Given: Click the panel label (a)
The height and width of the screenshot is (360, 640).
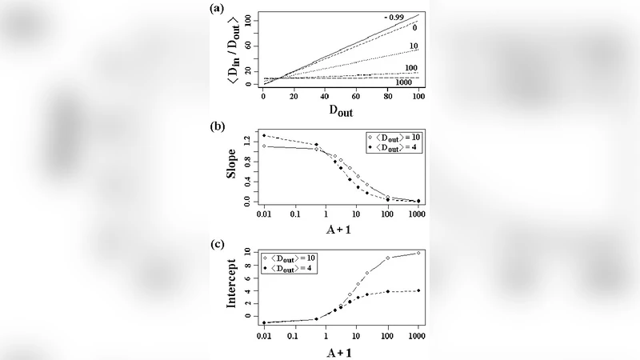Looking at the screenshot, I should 214,9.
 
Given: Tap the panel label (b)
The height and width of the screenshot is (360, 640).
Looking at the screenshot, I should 214,126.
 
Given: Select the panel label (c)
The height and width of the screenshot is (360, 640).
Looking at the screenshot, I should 214,243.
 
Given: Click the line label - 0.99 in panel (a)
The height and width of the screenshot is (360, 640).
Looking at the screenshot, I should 398,17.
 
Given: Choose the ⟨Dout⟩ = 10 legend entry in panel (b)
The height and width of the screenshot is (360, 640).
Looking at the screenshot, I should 394,137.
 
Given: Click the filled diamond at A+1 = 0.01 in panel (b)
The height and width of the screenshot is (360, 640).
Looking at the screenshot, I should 263,135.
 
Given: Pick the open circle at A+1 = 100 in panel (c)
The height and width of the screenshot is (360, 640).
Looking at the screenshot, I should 388,258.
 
